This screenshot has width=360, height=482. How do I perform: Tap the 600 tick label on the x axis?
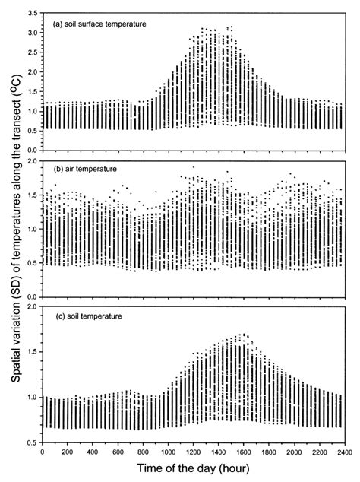point(117,453)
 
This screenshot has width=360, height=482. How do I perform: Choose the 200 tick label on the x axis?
point(67,453)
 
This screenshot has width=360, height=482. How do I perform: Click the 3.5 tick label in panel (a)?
point(32,14)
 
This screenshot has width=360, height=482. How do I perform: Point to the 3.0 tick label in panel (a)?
point(32,33)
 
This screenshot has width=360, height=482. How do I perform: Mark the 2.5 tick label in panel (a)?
point(32,53)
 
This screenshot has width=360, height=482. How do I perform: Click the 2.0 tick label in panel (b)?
point(32,162)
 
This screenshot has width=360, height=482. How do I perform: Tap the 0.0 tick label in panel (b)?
point(32,296)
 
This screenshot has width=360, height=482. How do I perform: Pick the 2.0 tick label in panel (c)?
point(32,306)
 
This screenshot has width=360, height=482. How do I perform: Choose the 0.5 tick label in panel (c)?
point(32,442)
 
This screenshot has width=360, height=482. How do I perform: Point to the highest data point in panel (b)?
point(193,166)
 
